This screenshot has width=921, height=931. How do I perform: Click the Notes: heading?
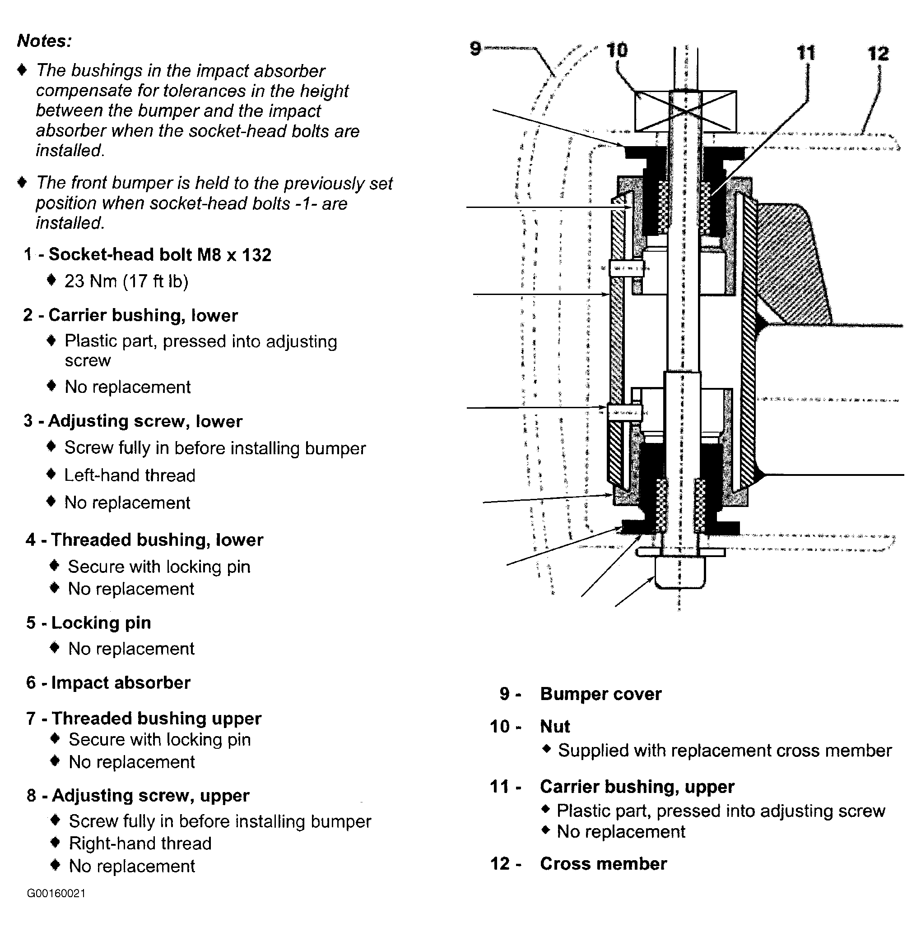pos(44,41)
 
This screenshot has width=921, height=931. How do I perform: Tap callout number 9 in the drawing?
pos(475,48)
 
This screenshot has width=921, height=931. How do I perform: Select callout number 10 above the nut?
pos(617,50)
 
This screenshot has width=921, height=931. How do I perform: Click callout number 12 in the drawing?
pos(878,54)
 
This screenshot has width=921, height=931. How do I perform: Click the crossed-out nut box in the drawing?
pos(685,111)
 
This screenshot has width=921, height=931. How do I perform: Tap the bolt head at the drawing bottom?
pos(679,572)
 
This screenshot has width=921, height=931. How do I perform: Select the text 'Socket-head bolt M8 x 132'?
pos(160,254)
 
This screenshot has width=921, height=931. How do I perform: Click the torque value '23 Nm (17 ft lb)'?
pos(126,281)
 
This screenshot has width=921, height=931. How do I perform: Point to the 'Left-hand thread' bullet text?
pos(130,475)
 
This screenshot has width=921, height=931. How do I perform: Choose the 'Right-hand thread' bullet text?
pos(140,844)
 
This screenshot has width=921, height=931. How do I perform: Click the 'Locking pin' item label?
pos(101,622)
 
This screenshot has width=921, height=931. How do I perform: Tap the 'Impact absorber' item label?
pos(121,683)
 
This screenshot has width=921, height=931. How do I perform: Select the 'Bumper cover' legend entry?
pos(600,694)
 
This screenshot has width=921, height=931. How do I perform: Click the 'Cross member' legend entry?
pos(603,863)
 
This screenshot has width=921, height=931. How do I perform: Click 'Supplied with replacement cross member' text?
pos(725,751)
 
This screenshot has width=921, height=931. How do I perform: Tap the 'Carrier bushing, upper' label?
pos(637,787)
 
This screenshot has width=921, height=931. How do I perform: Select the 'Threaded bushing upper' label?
pos(156,719)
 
